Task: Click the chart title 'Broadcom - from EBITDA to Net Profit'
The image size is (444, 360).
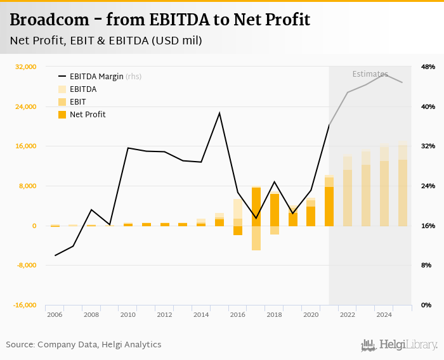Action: pyautogui.click(x=160, y=20)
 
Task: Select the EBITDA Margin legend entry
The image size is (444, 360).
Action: pyautogui.click(x=96, y=77)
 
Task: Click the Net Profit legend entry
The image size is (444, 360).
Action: pyautogui.click(x=88, y=115)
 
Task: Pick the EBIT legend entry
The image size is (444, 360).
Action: pyautogui.click(x=78, y=102)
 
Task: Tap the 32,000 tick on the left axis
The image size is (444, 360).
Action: pyautogui.click(x=25, y=67)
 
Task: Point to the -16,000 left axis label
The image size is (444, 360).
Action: pyautogui.click(x=25, y=305)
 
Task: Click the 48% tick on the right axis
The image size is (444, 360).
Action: pyautogui.click(x=428, y=67)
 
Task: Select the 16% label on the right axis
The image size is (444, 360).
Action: pyautogui.click(x=428, y=226)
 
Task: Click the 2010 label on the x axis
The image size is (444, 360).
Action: pyautogui.click(x=128, y=314)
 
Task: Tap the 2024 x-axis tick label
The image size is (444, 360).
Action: pyautogui.click(x=384, y=314)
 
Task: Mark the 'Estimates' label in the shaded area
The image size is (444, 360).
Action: pyautogui.click(x=370, y=74)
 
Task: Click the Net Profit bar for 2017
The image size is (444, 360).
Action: pyautogui.click(x=256, y=206)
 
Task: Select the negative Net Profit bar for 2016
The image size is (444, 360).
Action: pyautogui.click(x=238, y=231)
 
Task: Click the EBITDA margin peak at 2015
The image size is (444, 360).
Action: pyautogui.click(x=219, y=113)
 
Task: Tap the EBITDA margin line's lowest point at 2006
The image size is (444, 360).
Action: pyautogui.click(x=55, y=255)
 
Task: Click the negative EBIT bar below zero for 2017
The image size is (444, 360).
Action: pyautogui.click(x=256, y=238)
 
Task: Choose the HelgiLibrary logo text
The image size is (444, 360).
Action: pyautogui.click(x=408, y=345)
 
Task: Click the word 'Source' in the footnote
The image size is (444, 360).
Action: pyautogui.click(x=20, y=345)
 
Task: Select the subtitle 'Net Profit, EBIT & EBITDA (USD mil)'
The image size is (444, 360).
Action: pyautogui.click(x=106, y=41)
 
